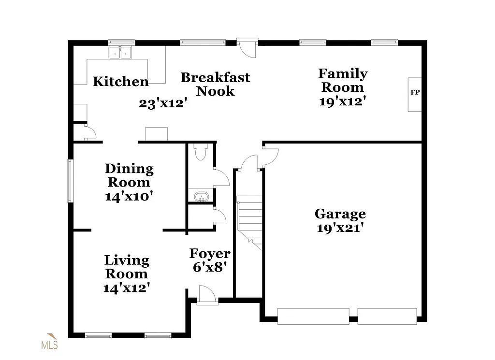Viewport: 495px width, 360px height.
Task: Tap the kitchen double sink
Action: [x=120, y=52]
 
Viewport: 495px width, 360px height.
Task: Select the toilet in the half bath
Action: [x=200, y=152]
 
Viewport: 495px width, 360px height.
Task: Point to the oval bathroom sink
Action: [x=200, y=197]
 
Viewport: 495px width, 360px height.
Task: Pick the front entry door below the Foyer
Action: [x=206, y=295]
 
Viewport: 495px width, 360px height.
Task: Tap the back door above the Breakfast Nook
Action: [x=248, y=47]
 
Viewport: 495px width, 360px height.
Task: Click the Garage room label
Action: [x=340, y=214]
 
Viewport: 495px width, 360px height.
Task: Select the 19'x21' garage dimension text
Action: [x=340, y=228]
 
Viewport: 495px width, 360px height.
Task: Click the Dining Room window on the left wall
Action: [x=70, y=181]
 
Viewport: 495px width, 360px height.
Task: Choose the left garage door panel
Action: [x=313, y=316]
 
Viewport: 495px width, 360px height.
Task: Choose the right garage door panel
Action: [x=387, y=316]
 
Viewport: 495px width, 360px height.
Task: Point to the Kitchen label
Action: [x=120, y=81]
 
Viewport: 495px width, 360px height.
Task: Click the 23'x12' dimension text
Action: [x=163, y=103]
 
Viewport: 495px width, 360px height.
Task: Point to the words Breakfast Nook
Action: [x=215, y=84]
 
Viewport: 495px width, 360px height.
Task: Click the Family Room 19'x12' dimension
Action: [x=342, y=101]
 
